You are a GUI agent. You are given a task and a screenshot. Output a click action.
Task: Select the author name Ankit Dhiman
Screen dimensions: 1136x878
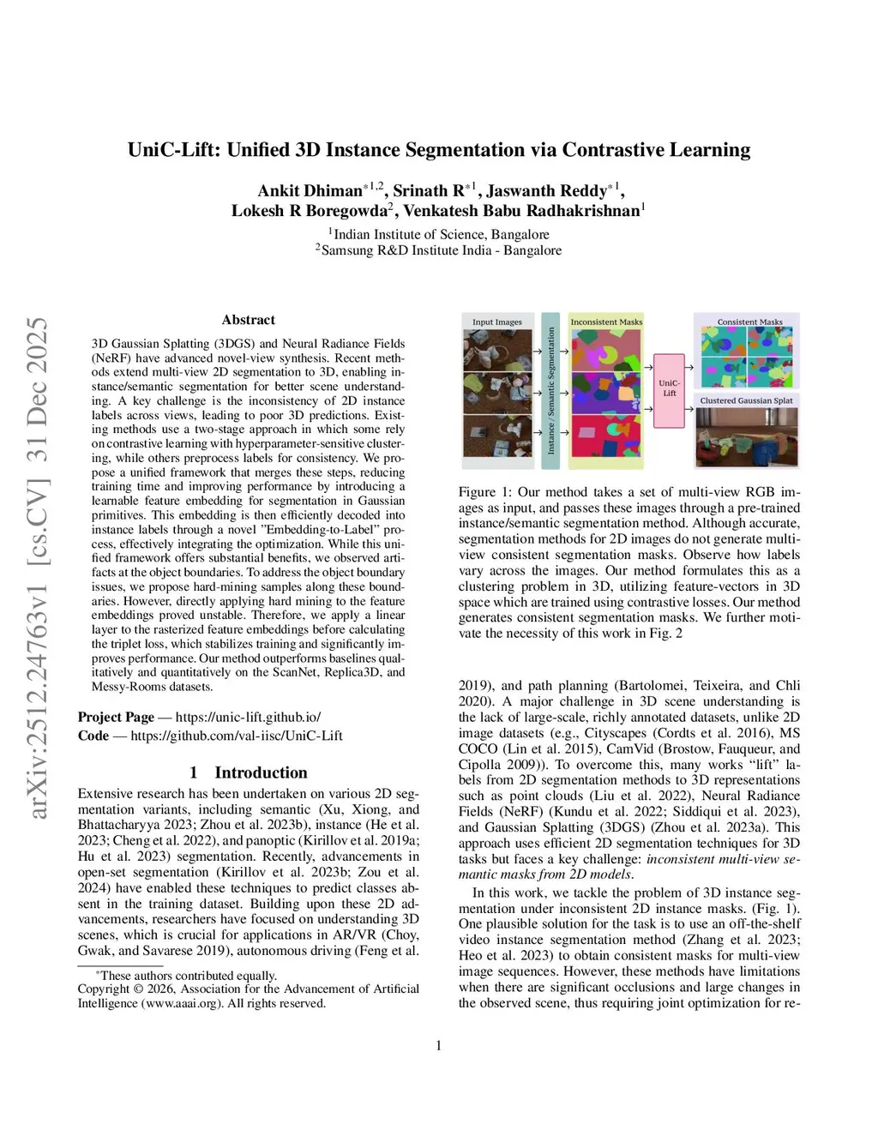click(x=310, y=191)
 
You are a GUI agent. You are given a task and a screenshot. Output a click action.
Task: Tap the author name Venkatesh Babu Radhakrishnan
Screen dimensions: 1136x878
click(x=521, y=211)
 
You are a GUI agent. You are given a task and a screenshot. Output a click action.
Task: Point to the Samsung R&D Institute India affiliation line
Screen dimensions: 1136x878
click(x=438, y=250)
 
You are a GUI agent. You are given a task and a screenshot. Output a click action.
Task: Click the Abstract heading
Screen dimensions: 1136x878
click(x=248, y=320)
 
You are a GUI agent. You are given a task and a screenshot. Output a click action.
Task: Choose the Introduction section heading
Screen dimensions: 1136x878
click(x=260, y=772)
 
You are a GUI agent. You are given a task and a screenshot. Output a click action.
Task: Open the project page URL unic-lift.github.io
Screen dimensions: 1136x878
click(x=248, y=717)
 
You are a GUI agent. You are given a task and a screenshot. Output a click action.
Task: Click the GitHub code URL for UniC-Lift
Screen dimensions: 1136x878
click(x=236, y=736)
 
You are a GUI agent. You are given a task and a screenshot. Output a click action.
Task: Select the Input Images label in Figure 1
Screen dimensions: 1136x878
click(x=497, y=322)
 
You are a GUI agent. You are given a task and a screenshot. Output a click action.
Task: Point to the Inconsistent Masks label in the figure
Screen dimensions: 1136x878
click(x=606, y=322)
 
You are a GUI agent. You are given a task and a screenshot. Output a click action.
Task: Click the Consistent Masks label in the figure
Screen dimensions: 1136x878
click(x=749, y=322)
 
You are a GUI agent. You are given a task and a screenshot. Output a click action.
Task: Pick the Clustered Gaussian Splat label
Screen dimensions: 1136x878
click(x=746, y=400)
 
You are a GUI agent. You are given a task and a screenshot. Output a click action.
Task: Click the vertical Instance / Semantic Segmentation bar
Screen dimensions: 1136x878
click(x=550, y=391)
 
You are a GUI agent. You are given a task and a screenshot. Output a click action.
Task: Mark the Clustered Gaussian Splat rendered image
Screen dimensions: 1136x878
click(x=746, y=437)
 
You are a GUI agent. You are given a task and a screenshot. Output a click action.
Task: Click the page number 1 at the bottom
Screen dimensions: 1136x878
click(x=439, y=1045)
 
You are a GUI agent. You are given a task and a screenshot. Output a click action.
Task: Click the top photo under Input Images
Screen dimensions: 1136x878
click(x=497, y=350)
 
